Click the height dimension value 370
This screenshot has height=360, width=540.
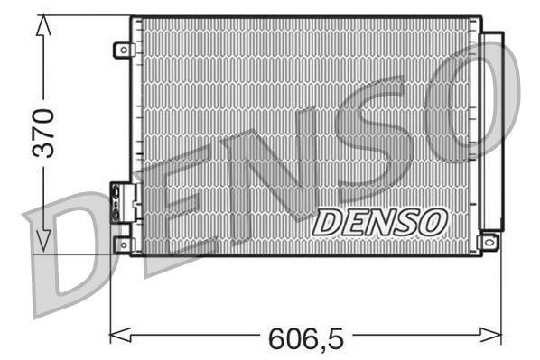(x=42, y=133)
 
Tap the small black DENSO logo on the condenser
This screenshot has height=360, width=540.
(x=379, y=222)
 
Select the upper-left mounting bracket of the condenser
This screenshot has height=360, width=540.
(x=123, y=50)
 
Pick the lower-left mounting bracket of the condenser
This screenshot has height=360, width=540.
(x=123, y=245)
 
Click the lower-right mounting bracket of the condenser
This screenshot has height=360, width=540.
(x=489, y=242)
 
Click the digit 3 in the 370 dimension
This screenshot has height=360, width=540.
(x=42, y=149)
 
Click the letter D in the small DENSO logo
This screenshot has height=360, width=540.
(x=328, y=222)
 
